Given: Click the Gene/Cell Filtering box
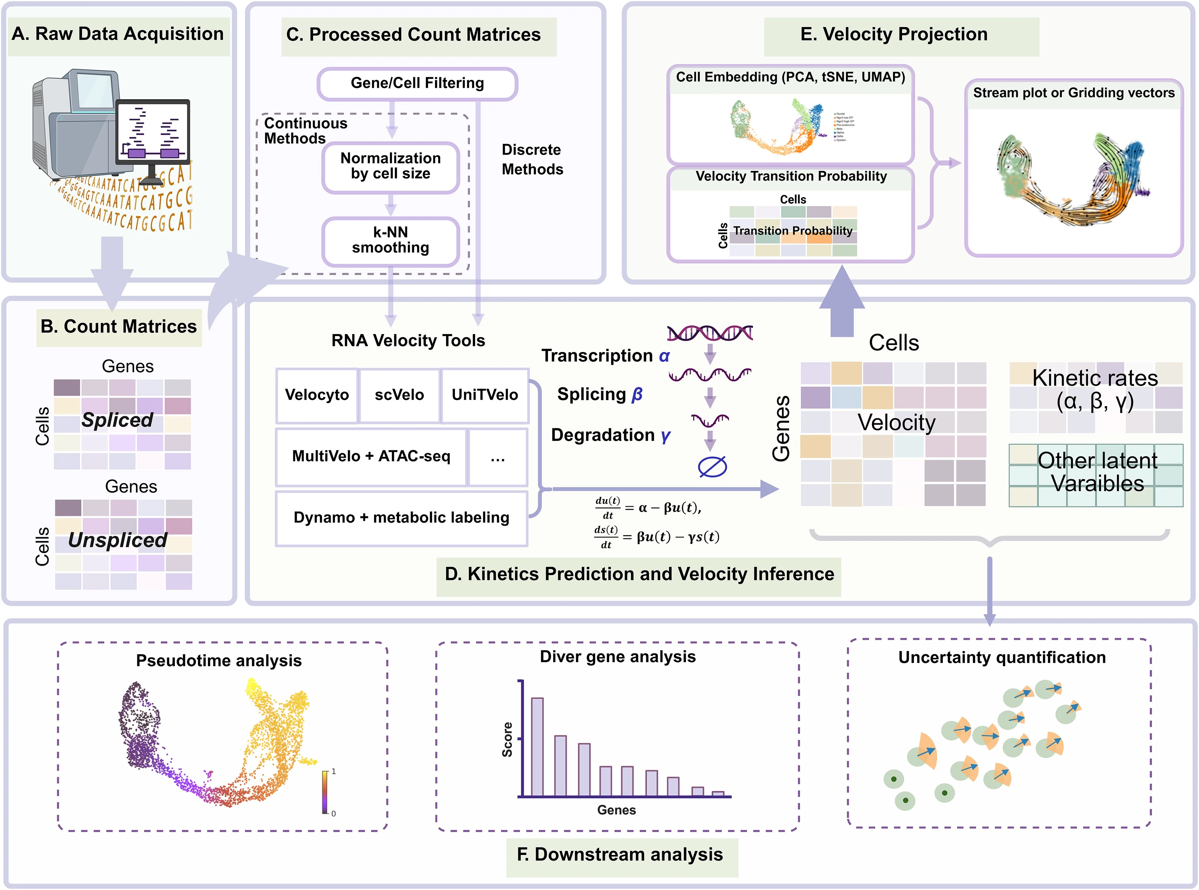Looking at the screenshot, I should [x=417, y=83].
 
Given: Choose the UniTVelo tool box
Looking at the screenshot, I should [x=485, y=395].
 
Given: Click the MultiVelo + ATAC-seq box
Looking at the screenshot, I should [x=371, y=456].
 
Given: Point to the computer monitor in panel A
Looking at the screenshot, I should [x=153, y=132].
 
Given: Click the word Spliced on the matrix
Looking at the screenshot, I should [x=118, y=420].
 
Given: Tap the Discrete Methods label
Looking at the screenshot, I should [x=532, y=160].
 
